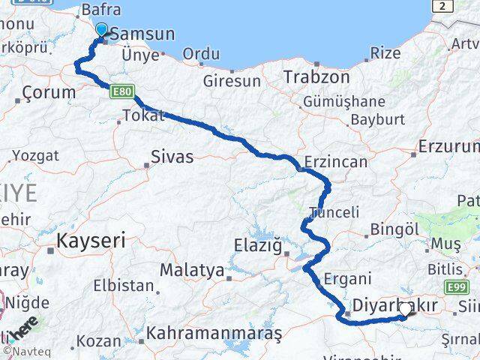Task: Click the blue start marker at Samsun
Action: coord(101,30)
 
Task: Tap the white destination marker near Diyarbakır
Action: coord(405,308)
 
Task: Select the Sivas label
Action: coord(172,157)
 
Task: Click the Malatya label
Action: coord(193,270)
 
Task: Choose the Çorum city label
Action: coord(49,93)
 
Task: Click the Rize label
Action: coord(385,53)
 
